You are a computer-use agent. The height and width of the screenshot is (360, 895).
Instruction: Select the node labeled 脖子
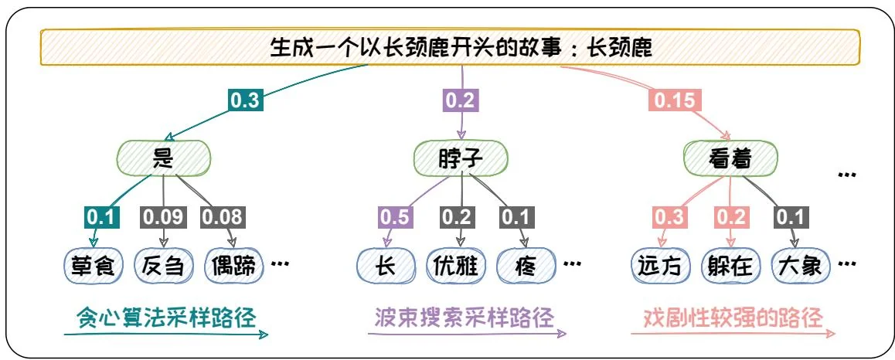tap(461, 159)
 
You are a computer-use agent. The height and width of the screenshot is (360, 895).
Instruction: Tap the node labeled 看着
tap(729, 159)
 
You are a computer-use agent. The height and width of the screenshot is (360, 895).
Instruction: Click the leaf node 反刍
tap(162, 267)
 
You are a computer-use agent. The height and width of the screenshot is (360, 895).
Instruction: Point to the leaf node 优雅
tap(457, 267)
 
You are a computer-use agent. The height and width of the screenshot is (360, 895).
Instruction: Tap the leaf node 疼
tap(526, 267)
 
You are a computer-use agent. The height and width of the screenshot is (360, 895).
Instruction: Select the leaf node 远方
tap(661, 267)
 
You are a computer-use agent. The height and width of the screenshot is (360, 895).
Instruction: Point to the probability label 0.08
tap(223, 218)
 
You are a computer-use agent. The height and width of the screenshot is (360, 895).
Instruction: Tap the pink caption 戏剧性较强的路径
tap(733, 317)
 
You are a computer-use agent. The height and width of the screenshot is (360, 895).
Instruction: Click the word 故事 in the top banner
tap(540, 49)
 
